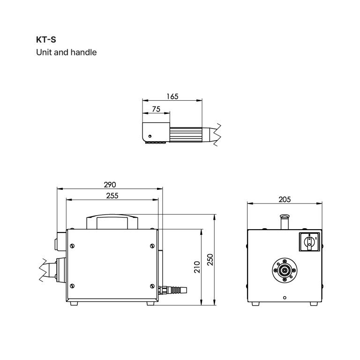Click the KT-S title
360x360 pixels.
46,40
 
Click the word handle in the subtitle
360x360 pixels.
83,52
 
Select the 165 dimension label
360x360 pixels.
172,97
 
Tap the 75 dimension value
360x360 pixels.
156,109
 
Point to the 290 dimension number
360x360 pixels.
110,185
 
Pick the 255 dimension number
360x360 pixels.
112,195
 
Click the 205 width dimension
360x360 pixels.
285,200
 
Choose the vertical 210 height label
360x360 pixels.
197,267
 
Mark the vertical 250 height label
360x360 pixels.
210,260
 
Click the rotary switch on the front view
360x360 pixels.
309,242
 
